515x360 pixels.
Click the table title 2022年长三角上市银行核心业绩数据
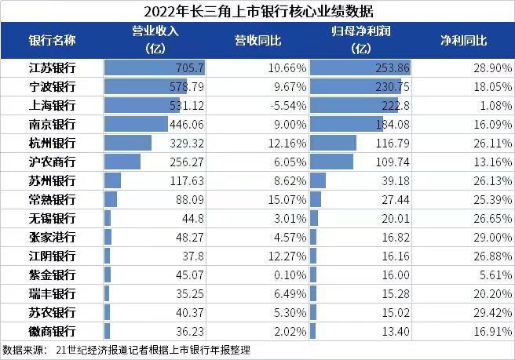point(257,11)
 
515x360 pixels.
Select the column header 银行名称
point(52,40)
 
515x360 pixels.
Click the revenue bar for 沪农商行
point(122,162)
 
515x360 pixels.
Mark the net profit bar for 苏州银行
point(318,180)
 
